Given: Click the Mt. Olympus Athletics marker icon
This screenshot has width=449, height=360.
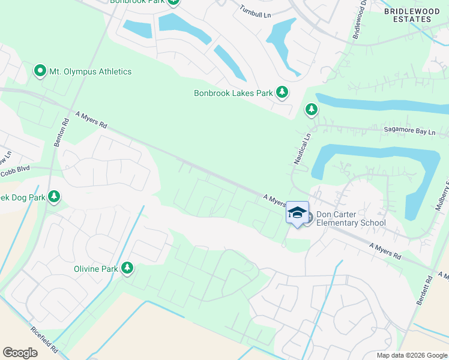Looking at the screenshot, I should click(40, 71).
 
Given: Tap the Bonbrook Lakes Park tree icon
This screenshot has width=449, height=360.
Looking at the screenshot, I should click(282, 92).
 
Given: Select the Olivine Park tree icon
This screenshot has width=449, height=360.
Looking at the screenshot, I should click(127, 268).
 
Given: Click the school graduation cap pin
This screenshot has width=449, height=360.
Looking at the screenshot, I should click(297, 213).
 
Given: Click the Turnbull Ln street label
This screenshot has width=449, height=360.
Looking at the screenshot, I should click(256, 10).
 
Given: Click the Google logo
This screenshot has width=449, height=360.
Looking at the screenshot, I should click(20, 353).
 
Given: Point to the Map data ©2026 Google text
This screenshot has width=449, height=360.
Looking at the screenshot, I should click(411, 355).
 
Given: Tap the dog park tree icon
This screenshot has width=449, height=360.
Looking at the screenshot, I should click(54, 196).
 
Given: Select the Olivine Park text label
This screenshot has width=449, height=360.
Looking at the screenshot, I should click(96, 269).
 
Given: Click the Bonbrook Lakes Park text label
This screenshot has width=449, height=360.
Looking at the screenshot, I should click(233, 93).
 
